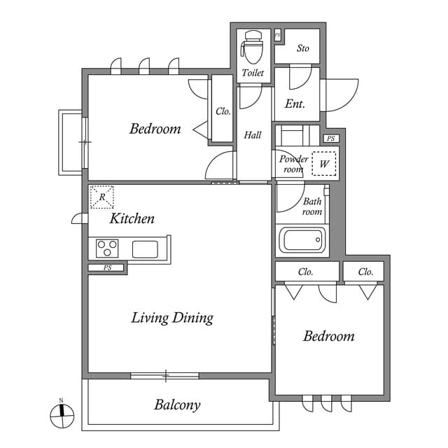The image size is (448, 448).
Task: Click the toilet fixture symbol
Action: pyautogui.click(x=251, y=47)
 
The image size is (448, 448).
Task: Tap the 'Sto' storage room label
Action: pyautogui.click(x=302, y=48)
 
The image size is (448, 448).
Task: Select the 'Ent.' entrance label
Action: pyautogui.click(x=295, y=104)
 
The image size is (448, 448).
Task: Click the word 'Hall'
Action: pyautogui.click(x=253, y=135)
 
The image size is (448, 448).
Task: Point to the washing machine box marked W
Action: pyautogui.click(x=324, y=164)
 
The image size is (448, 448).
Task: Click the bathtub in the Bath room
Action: pyautogui.click(x=302, y=241)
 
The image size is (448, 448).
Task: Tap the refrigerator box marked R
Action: pyautogui.click(x=102, y=197)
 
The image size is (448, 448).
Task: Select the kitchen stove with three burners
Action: pyautogui.click(x=108, y=248)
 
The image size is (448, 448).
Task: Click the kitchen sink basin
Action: pyautogui.click(x=146, y=248)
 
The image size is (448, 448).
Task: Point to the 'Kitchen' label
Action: pyautogui.click(x=132, y=218)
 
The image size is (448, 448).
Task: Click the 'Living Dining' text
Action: pyautogui.click(x=172, y=318)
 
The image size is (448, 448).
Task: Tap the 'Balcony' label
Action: pyautogui.click(x=177, y=405)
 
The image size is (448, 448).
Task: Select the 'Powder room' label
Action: pyautogui.click(x=293, y=164)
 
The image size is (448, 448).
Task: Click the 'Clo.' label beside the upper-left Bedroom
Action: pyautogui.click(x=223, y=111)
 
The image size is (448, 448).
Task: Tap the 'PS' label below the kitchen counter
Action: pyautogui.click(x=107, y=267)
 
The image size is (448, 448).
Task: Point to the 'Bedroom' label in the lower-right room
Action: pyautogui.click(x=328, y=336)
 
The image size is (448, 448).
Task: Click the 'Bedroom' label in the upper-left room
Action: pyautogui.click(x=155, y=129)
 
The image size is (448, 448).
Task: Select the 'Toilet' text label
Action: pyautogui.click(x=252, y=73)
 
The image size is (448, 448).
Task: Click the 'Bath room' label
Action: pyautogui.click(x=312, y=206)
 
